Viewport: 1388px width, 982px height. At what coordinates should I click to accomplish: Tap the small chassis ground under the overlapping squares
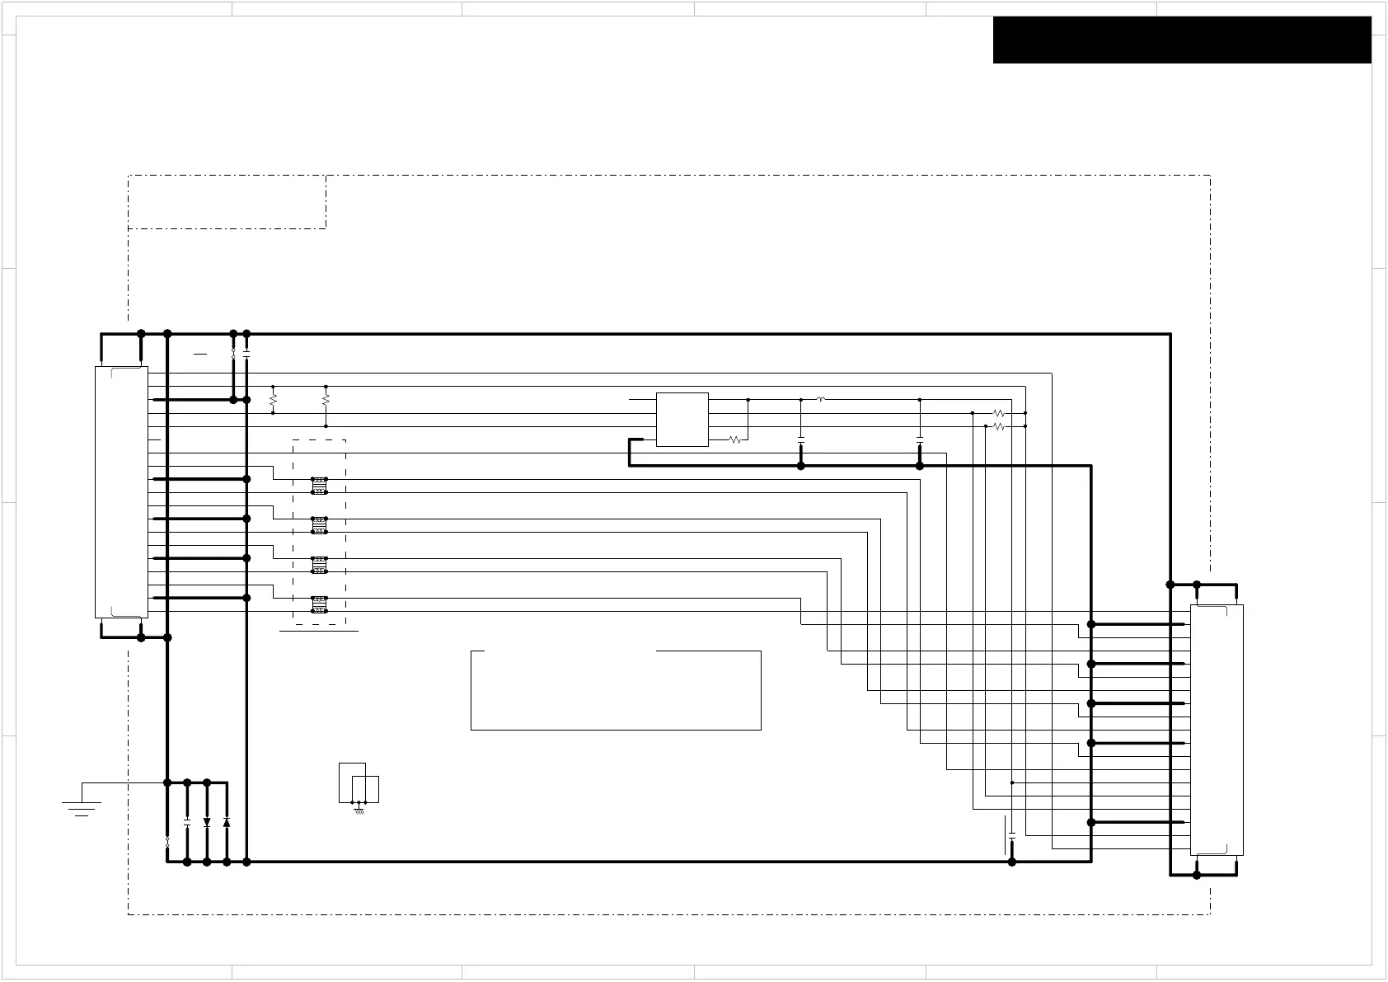tap(359, 810)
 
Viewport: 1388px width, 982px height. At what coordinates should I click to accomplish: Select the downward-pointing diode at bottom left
tap(207, 822)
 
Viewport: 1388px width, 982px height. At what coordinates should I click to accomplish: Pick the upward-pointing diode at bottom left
tap(227, 822)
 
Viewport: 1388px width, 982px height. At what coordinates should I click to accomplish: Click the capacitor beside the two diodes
tap(187, 822)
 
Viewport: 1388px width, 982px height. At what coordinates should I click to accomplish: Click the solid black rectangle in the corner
tap(1182, 40)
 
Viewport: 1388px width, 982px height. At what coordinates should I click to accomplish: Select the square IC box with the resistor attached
tap(682, 420)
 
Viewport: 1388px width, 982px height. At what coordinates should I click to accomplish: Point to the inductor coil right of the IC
tap(821, 399)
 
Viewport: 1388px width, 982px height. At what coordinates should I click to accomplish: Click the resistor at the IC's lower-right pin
tap(735, 440)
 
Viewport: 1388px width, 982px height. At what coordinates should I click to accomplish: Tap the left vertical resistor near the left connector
tap(273, 400)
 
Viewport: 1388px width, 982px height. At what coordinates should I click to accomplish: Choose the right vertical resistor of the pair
tap(326, 400)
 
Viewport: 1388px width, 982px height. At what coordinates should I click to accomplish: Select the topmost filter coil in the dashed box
tap(320, 486)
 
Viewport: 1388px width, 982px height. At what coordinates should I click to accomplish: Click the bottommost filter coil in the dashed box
tap(320, 604)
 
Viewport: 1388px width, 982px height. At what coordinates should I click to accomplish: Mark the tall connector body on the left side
tap(121, 492)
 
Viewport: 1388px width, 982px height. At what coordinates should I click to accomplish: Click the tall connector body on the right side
tap(1216, 730)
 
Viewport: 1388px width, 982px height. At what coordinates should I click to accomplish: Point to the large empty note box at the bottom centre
tap(616, 690)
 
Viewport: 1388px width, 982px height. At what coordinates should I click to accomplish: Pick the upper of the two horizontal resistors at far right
tap(998, 413)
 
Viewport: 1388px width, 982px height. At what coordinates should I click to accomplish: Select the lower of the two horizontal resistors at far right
tap(998, 426)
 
